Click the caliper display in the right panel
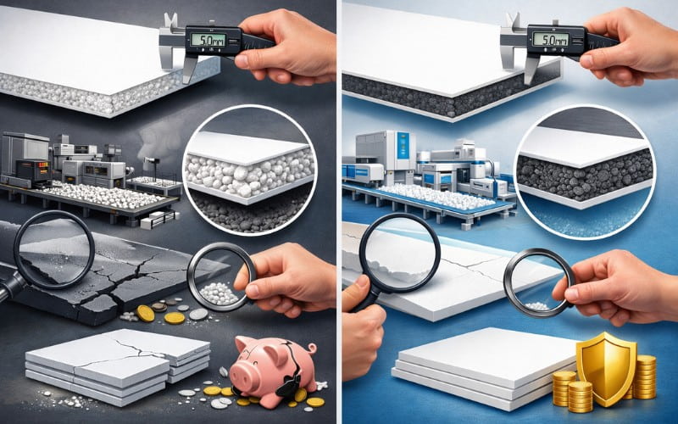547,38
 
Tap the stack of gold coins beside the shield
644,377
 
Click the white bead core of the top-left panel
85,89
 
